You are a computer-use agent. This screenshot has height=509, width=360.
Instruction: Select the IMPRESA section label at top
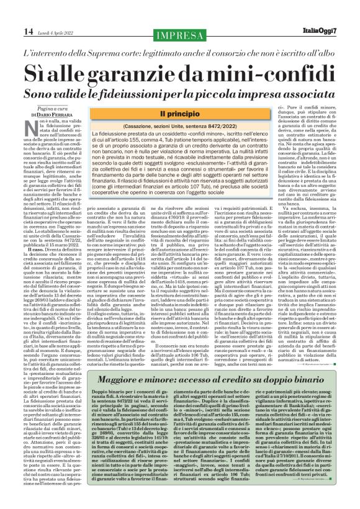[x=180, y=34]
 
